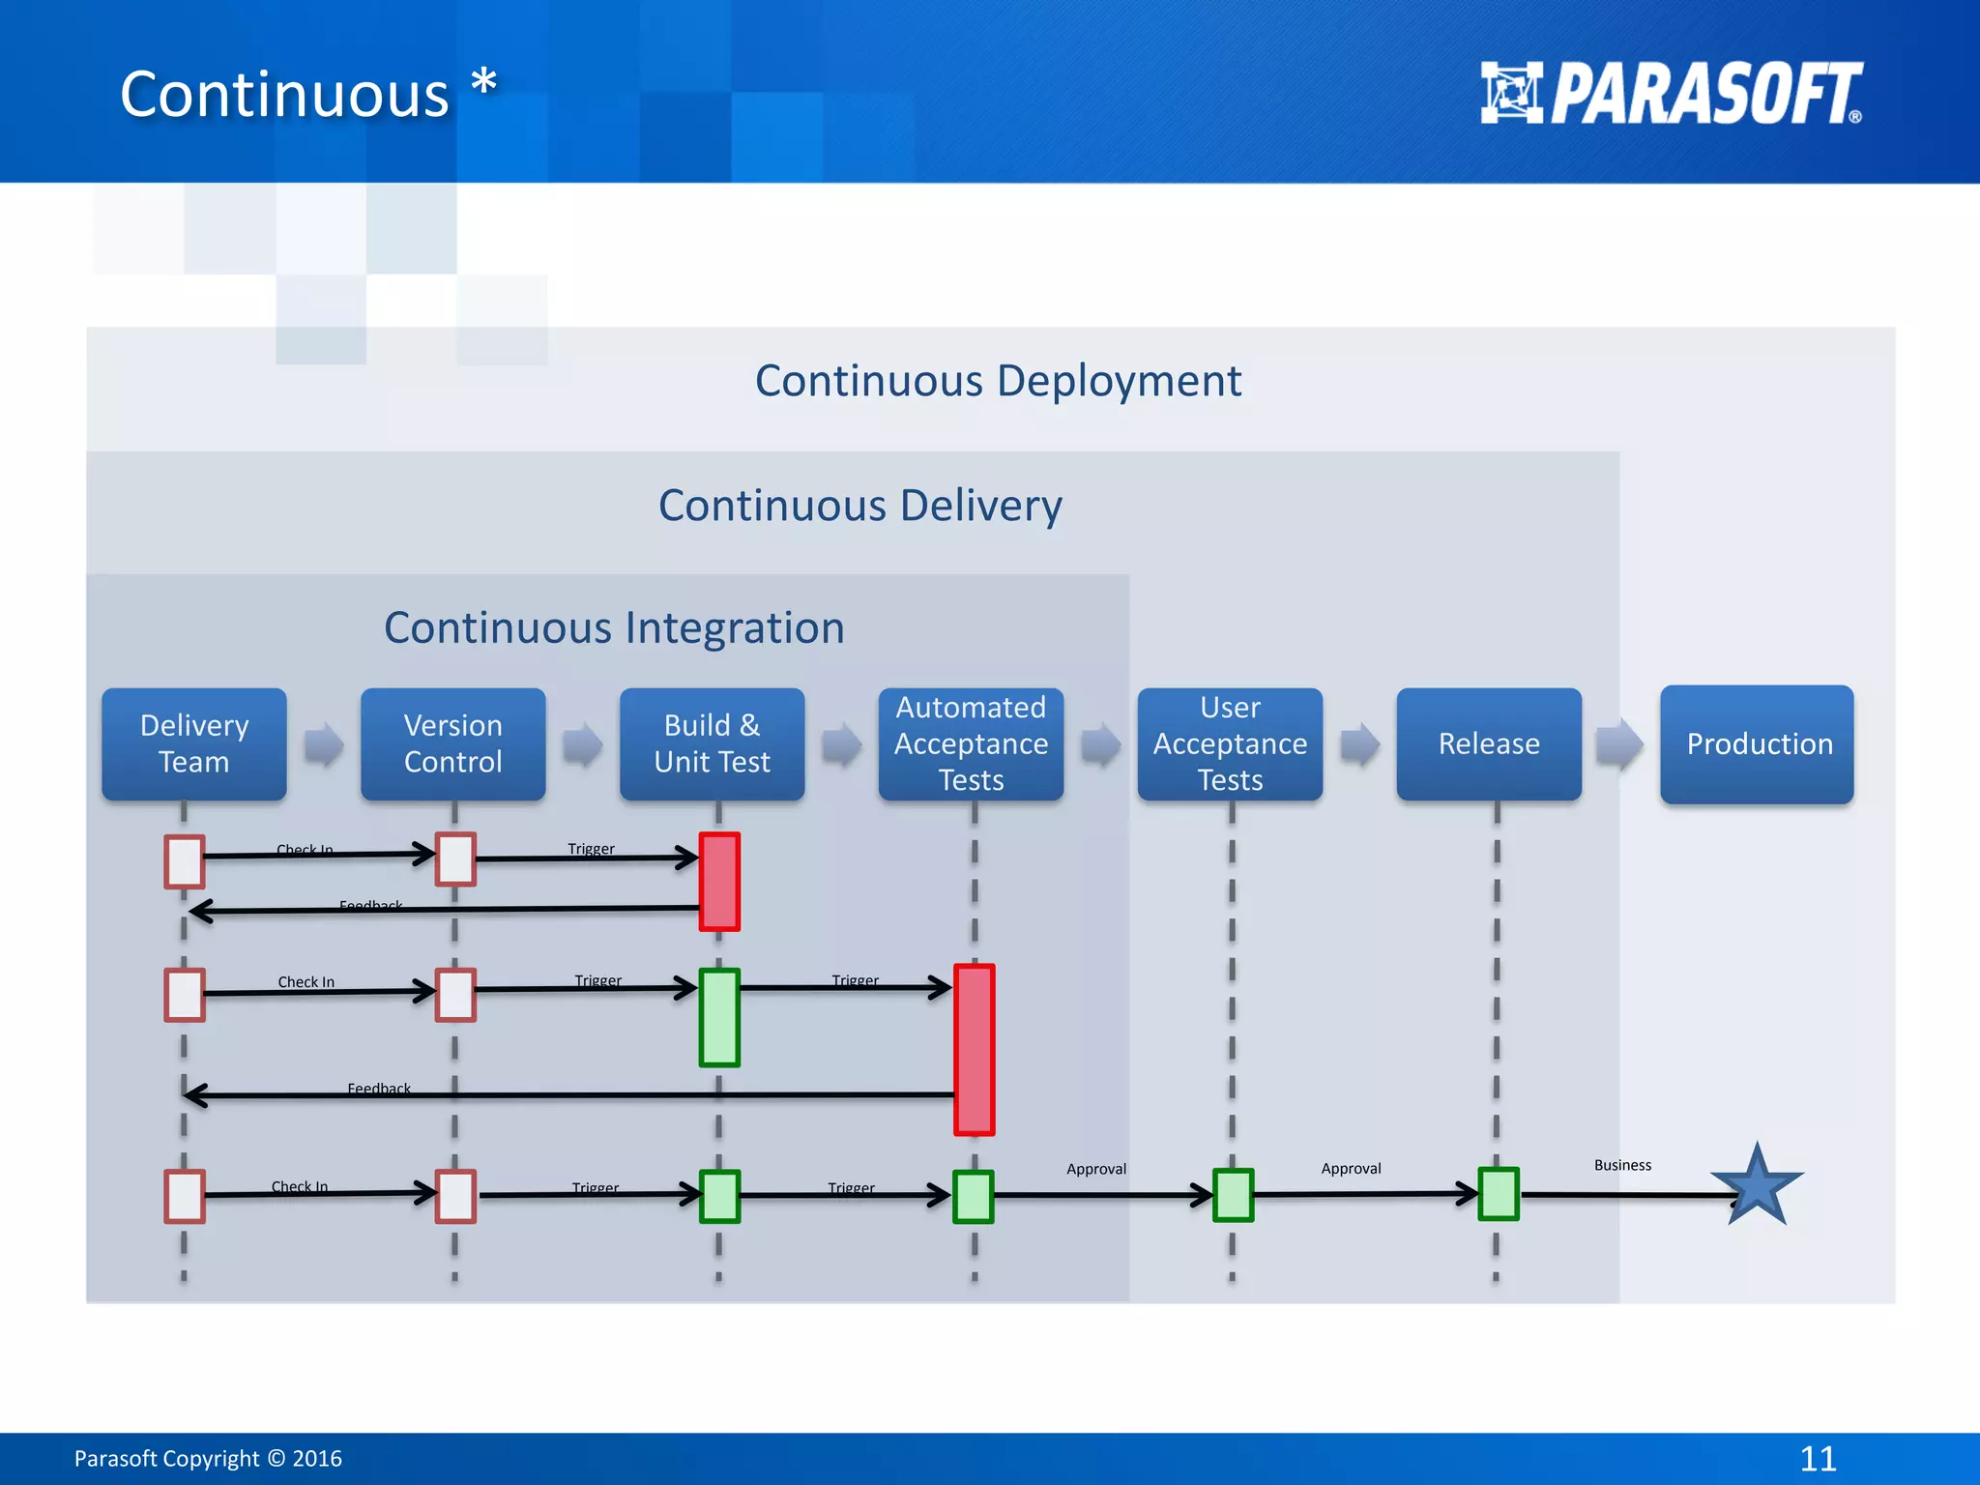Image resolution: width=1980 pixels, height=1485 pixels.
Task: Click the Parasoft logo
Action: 1671,94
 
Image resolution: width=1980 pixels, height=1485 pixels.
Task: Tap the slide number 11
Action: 1818,1458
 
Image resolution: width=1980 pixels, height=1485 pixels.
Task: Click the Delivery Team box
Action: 194,743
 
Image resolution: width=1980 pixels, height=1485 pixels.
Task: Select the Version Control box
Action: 452,743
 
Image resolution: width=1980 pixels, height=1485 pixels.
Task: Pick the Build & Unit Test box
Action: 712,743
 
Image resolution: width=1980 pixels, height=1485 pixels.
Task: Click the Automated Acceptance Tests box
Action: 971,743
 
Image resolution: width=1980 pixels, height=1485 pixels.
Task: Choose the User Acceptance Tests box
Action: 1230,743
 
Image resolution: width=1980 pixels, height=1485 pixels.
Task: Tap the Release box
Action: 1489,743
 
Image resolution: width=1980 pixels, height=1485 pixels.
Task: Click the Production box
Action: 1757,743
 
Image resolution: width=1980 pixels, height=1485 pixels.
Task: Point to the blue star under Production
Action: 1757,1187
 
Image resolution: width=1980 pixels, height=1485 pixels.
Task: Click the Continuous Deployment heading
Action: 998,381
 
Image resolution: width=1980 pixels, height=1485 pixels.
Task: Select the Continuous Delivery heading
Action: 859,506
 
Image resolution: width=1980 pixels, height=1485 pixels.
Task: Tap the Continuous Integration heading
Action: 614,628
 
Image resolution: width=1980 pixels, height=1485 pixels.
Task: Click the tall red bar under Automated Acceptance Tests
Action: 974,1050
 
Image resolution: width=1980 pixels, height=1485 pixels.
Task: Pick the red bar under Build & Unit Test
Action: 719,882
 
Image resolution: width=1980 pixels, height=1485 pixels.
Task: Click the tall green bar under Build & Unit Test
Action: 719,1018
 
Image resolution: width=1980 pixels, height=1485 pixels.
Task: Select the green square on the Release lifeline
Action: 1499,1195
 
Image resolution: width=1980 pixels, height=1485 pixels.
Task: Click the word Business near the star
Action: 1622,1165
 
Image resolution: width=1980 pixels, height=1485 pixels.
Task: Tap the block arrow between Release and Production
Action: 1619,744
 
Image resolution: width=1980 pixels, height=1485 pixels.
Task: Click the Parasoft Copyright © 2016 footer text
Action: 208,1458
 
